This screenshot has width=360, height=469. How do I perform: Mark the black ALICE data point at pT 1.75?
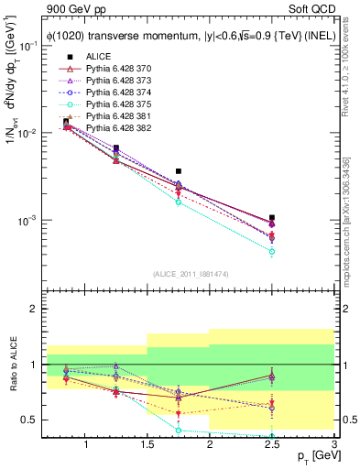click(x=179, y=171)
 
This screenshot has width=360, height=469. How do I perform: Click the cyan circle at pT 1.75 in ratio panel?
click(x=179, y=431)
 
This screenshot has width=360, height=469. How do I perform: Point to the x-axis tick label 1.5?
click(x=147, y=446)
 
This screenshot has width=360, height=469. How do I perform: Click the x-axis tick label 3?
click(x=333, y=446)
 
